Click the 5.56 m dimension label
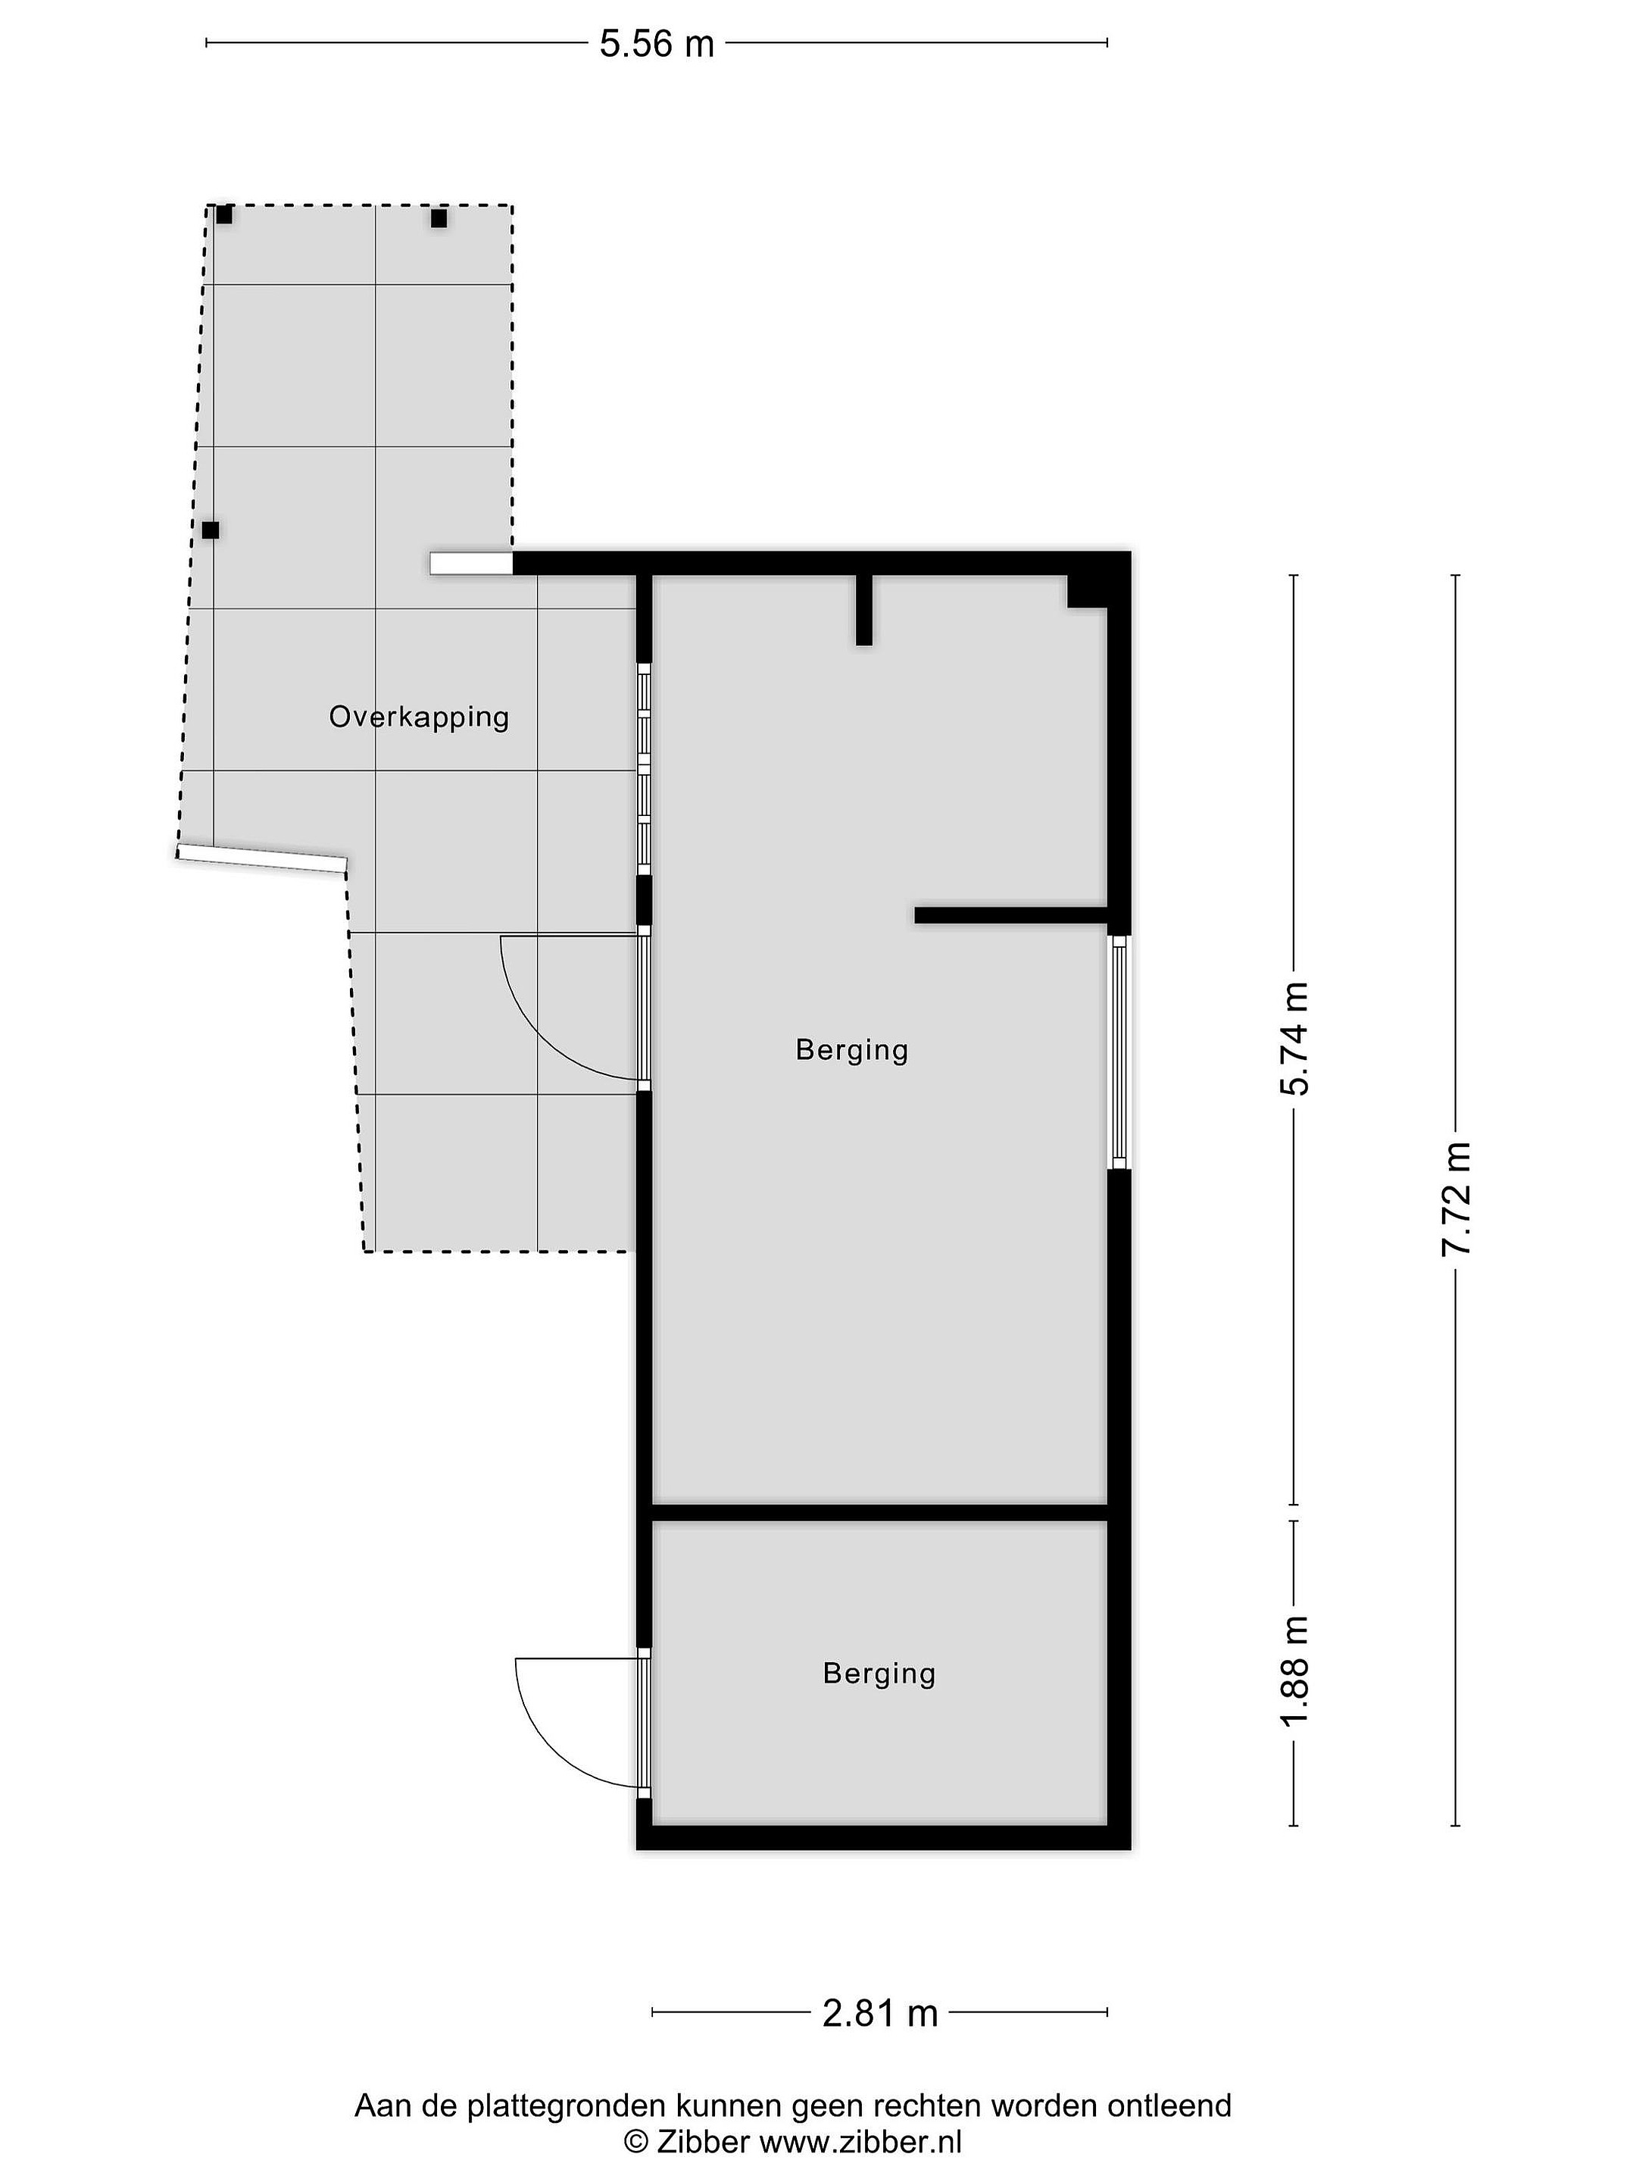657,45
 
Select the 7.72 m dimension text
1456,1198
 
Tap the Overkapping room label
419,717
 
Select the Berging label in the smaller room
879,1673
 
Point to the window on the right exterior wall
1118,1052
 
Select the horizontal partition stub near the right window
1012,914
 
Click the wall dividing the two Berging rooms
879,1512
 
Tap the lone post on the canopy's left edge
210,530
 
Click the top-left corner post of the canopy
224,214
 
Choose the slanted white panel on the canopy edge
262,859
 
